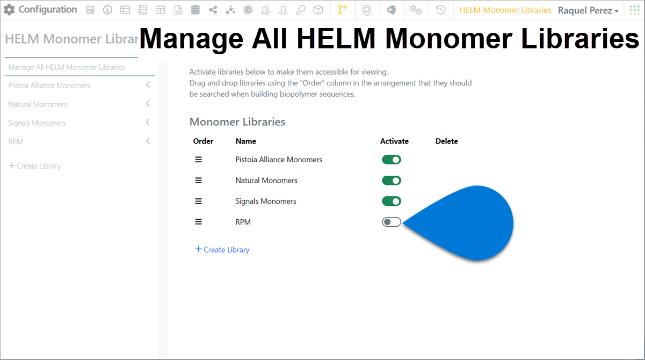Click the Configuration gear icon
click(9, 10)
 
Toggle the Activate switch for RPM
click(392, 222)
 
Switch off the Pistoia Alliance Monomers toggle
click(392, 160)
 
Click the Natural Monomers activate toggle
click(392, 181)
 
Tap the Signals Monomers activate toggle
click(392, 201)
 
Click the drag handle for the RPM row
click(198, 222)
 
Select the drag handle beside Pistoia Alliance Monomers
click(198, 160)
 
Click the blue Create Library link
click(222, 249)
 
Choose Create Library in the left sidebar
click(35, 166)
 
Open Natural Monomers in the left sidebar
click(38, 104)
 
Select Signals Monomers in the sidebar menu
click(37, 123)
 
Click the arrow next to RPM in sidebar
click(148, 141)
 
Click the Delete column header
click(447, 141)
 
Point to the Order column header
click(203, 141)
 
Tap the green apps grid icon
click(635, 10)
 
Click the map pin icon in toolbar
click(367, 10)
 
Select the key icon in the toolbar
click(301, 10)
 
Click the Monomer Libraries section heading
click(237, 122)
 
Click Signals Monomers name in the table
click(265, 201)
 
